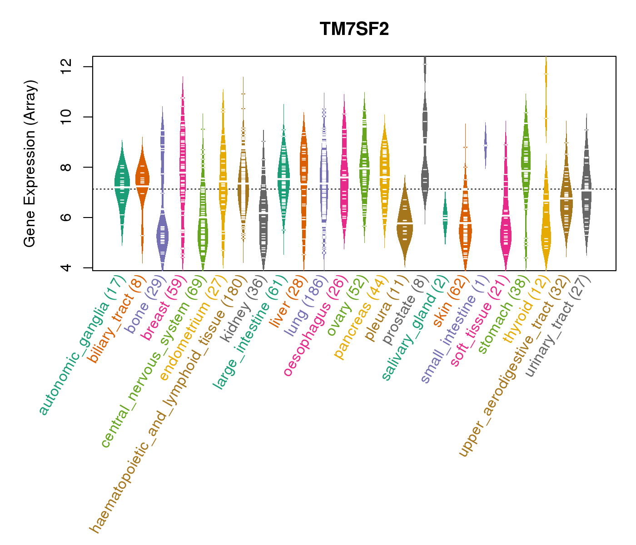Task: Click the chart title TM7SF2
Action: click(x=354, y=29)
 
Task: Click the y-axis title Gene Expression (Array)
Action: click(x=30, y=164)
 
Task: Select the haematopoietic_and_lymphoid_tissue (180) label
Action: click(x=168, y=404)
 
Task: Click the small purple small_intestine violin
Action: click(x=486, y=144)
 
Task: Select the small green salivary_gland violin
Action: click(x=445, y=217)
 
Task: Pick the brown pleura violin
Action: click(x=405, y=225)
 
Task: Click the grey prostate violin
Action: click(x=425, y=136)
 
